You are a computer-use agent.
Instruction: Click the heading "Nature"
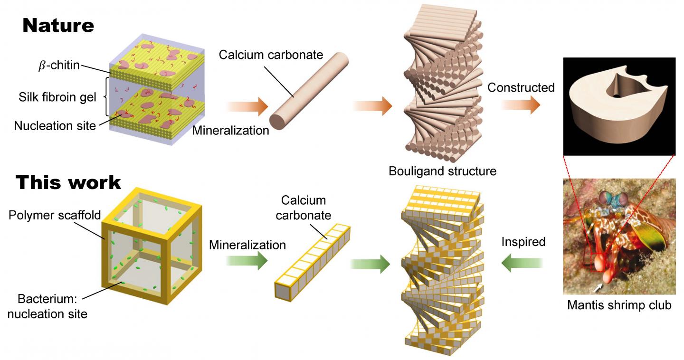coord(58,25)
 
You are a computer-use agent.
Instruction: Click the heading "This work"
coord(69,182)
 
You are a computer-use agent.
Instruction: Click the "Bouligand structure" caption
coord(442,171)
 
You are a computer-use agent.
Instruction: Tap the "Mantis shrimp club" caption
coord(619,304)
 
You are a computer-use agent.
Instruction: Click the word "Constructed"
coord(521,87)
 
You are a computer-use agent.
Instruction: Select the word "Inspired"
coord(523,242)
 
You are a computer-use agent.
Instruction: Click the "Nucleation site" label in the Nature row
coord(55,126)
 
